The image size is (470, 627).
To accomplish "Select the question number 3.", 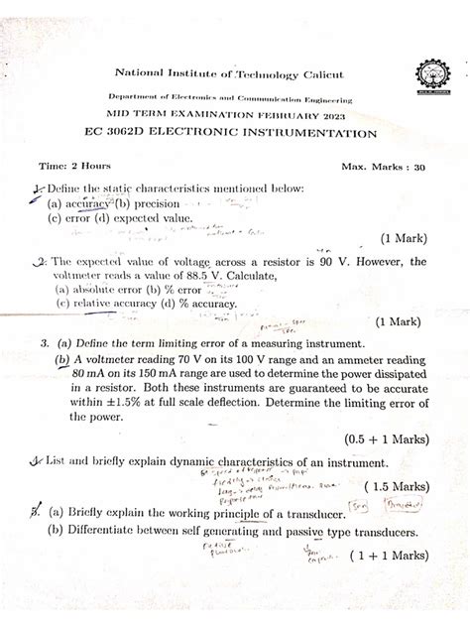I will [x=46, y=341].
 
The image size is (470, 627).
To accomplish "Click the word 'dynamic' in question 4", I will [x=185, y=461].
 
